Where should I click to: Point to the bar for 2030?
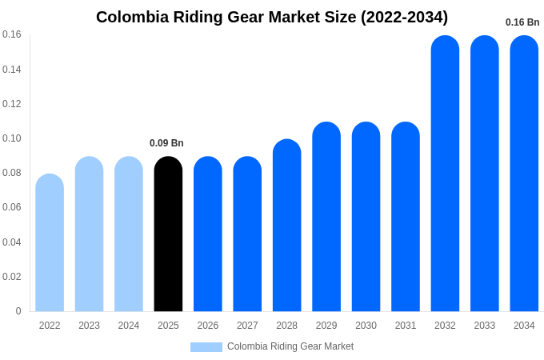pos(366,217)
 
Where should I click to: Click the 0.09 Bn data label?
pos(166,143)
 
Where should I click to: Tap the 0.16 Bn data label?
pos(522,22)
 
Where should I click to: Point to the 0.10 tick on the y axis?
pos(12,138)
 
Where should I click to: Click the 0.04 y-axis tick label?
pos(12,242)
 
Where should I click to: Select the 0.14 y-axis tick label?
pos(12,70)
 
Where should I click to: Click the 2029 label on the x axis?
pos(326,326)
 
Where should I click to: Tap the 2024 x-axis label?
pos(129,326)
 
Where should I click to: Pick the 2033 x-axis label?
pos(484,326)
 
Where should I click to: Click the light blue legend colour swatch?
pos(206,347)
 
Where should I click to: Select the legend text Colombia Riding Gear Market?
pos(290,346)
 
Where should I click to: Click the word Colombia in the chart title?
pos(133,17)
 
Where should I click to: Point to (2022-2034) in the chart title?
pos(404,17)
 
